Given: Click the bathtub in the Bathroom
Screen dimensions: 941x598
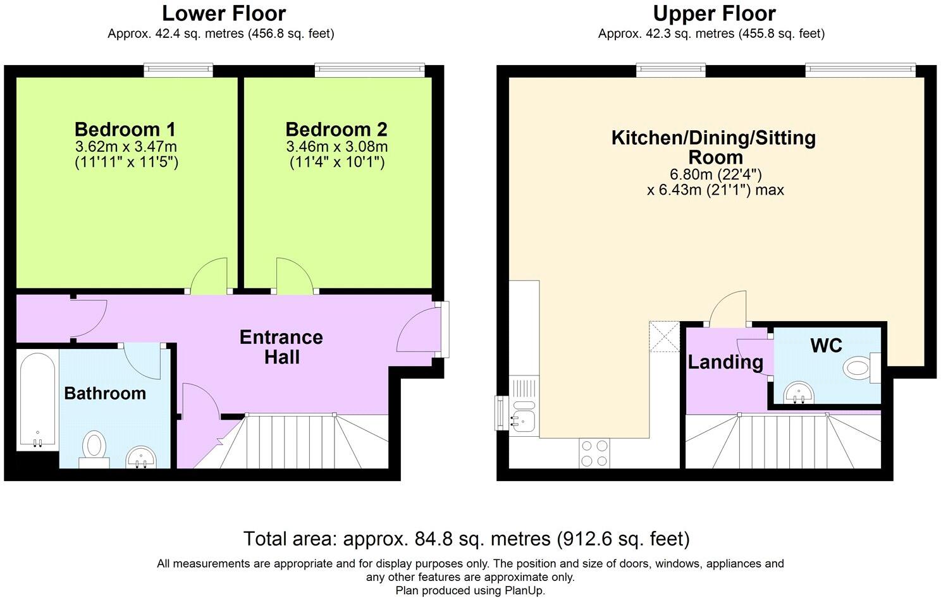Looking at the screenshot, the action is (38, 400).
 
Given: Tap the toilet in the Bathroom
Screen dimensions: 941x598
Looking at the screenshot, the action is (94, 449).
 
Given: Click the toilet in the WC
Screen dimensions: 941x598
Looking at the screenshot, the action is (861, 369).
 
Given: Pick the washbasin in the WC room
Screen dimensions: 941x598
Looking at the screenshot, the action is (799, 393).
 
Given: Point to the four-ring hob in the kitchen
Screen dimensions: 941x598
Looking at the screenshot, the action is (594, 453).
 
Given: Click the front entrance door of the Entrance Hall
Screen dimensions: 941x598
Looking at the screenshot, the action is (419, 330).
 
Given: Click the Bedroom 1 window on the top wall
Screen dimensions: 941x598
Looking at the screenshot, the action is (178, 70).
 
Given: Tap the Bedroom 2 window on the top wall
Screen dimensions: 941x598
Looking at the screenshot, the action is (370, 70).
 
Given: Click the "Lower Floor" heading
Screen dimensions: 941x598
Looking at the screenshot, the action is (224, 13).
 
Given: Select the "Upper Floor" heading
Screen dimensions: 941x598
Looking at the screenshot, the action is (714, 13).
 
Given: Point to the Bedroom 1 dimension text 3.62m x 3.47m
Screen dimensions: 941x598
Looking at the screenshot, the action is (126, 147).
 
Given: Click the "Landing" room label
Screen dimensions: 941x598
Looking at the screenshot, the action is (725, 362).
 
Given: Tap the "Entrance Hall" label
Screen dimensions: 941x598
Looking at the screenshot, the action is (281, 347).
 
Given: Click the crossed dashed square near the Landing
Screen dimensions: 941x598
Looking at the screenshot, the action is (665, 337).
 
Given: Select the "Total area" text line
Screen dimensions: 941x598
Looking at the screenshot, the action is (466, 539).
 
